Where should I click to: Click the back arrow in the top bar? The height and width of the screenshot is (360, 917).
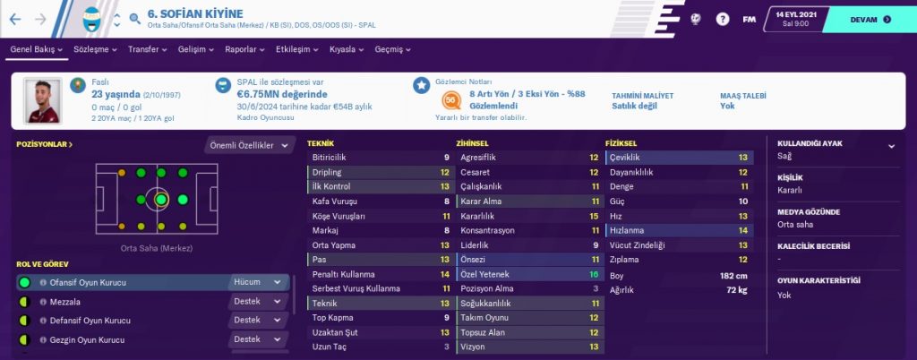pos(15,18)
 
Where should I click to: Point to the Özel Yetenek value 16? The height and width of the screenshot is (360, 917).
pos(593,274)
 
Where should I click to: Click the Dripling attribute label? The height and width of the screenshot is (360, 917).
pos(328,172)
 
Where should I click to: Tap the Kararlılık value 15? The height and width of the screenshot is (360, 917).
pos(593,216)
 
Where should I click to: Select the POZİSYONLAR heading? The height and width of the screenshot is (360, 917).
pos(41,143)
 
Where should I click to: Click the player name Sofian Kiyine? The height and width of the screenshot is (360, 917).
pos(201,15)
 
